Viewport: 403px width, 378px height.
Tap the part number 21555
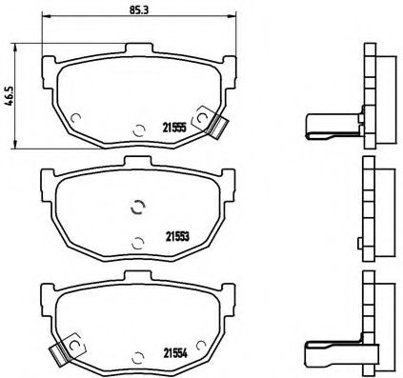173,127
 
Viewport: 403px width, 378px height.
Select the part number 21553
174,235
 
